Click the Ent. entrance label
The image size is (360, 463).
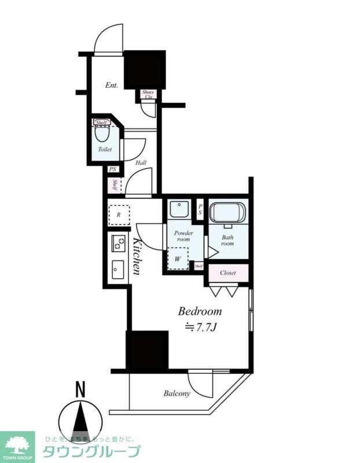click(112, 85)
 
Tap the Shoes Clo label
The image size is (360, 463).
click(148, 94)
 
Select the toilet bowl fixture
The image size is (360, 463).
click(102, 134)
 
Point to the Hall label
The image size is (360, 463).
click(141, 163)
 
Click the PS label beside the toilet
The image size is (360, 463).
click(112, 170)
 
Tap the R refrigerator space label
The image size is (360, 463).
click(118, 214)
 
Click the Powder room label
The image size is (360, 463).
click(183, 236)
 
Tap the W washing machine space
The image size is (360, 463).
click(178, 259)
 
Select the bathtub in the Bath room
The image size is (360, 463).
click(227, 213)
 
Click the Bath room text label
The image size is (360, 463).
click(227, 240)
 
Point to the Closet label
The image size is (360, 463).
click(227, 272)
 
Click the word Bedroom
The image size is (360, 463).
click(199, 311)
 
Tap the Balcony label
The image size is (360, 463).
click(177, 394)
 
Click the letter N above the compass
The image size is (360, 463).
click(80, 390)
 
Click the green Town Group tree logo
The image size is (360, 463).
click(17, 444)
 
